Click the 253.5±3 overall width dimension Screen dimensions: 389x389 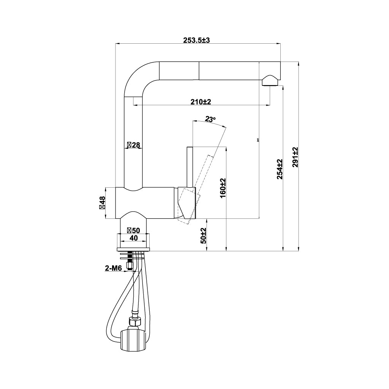pyautogui.click(x=196, y=41)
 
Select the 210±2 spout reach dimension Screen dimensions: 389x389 pyautogui.click(x=201, y=102)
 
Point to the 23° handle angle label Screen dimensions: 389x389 pyautogui.click(x=210, y=119)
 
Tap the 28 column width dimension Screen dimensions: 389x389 pyautogui.click(x=134, y=145)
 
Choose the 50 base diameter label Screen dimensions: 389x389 pyautogui.click(x=133, y=230)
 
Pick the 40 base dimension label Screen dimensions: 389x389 pyautogui.click(x=133, y=238)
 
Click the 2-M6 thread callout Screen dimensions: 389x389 pyautogui.click(x=113, y=269)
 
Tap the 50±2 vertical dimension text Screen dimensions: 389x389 pyautogui.click(x=204, y=236)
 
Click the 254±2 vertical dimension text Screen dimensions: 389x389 pyautogui.click(x=280, y=169)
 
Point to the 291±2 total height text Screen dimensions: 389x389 pyautogui.click(x=296, y=157)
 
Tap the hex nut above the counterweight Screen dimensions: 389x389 pyautogui.click(x=134, y=321)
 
